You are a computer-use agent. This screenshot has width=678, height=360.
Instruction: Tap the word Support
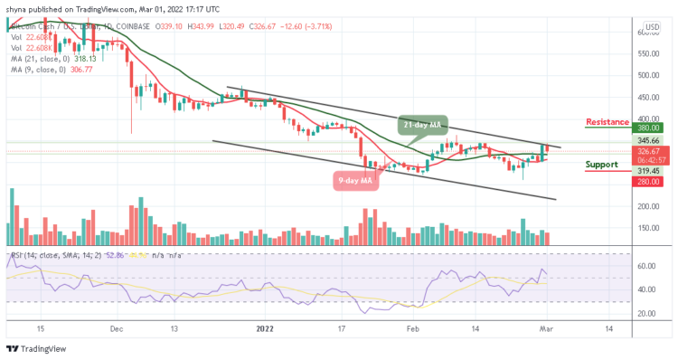(601, 165)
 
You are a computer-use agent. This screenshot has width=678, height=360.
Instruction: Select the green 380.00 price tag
(646, 128)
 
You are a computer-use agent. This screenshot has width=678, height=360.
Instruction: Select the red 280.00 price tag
(646, 182)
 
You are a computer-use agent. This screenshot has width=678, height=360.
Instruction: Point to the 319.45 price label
(646, 169)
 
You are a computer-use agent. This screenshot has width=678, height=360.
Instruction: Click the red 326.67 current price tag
(646, 154)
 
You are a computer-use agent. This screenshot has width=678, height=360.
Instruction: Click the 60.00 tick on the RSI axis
(645, 267)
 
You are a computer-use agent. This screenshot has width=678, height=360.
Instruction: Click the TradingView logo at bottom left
(36, 349)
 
